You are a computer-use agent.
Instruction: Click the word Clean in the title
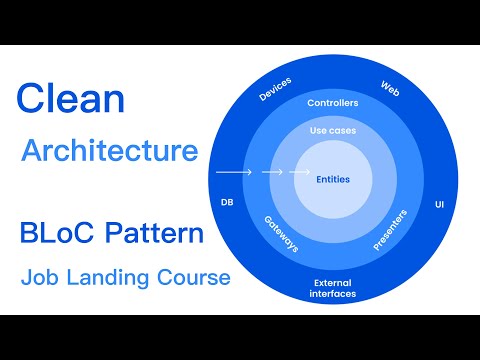(x=70, y=100)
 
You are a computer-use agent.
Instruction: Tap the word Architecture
(x=109, y=152)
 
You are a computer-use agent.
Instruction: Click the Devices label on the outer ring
(x=274, y=89)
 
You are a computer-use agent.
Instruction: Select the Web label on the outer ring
(x=390, y=88)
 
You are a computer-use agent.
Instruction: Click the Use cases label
(x=332, y=130)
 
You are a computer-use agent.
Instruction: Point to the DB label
(x=227, y=202)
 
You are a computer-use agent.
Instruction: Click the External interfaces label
(x=332, y=288)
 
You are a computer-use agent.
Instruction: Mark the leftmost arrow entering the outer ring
(x=232, y=172)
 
